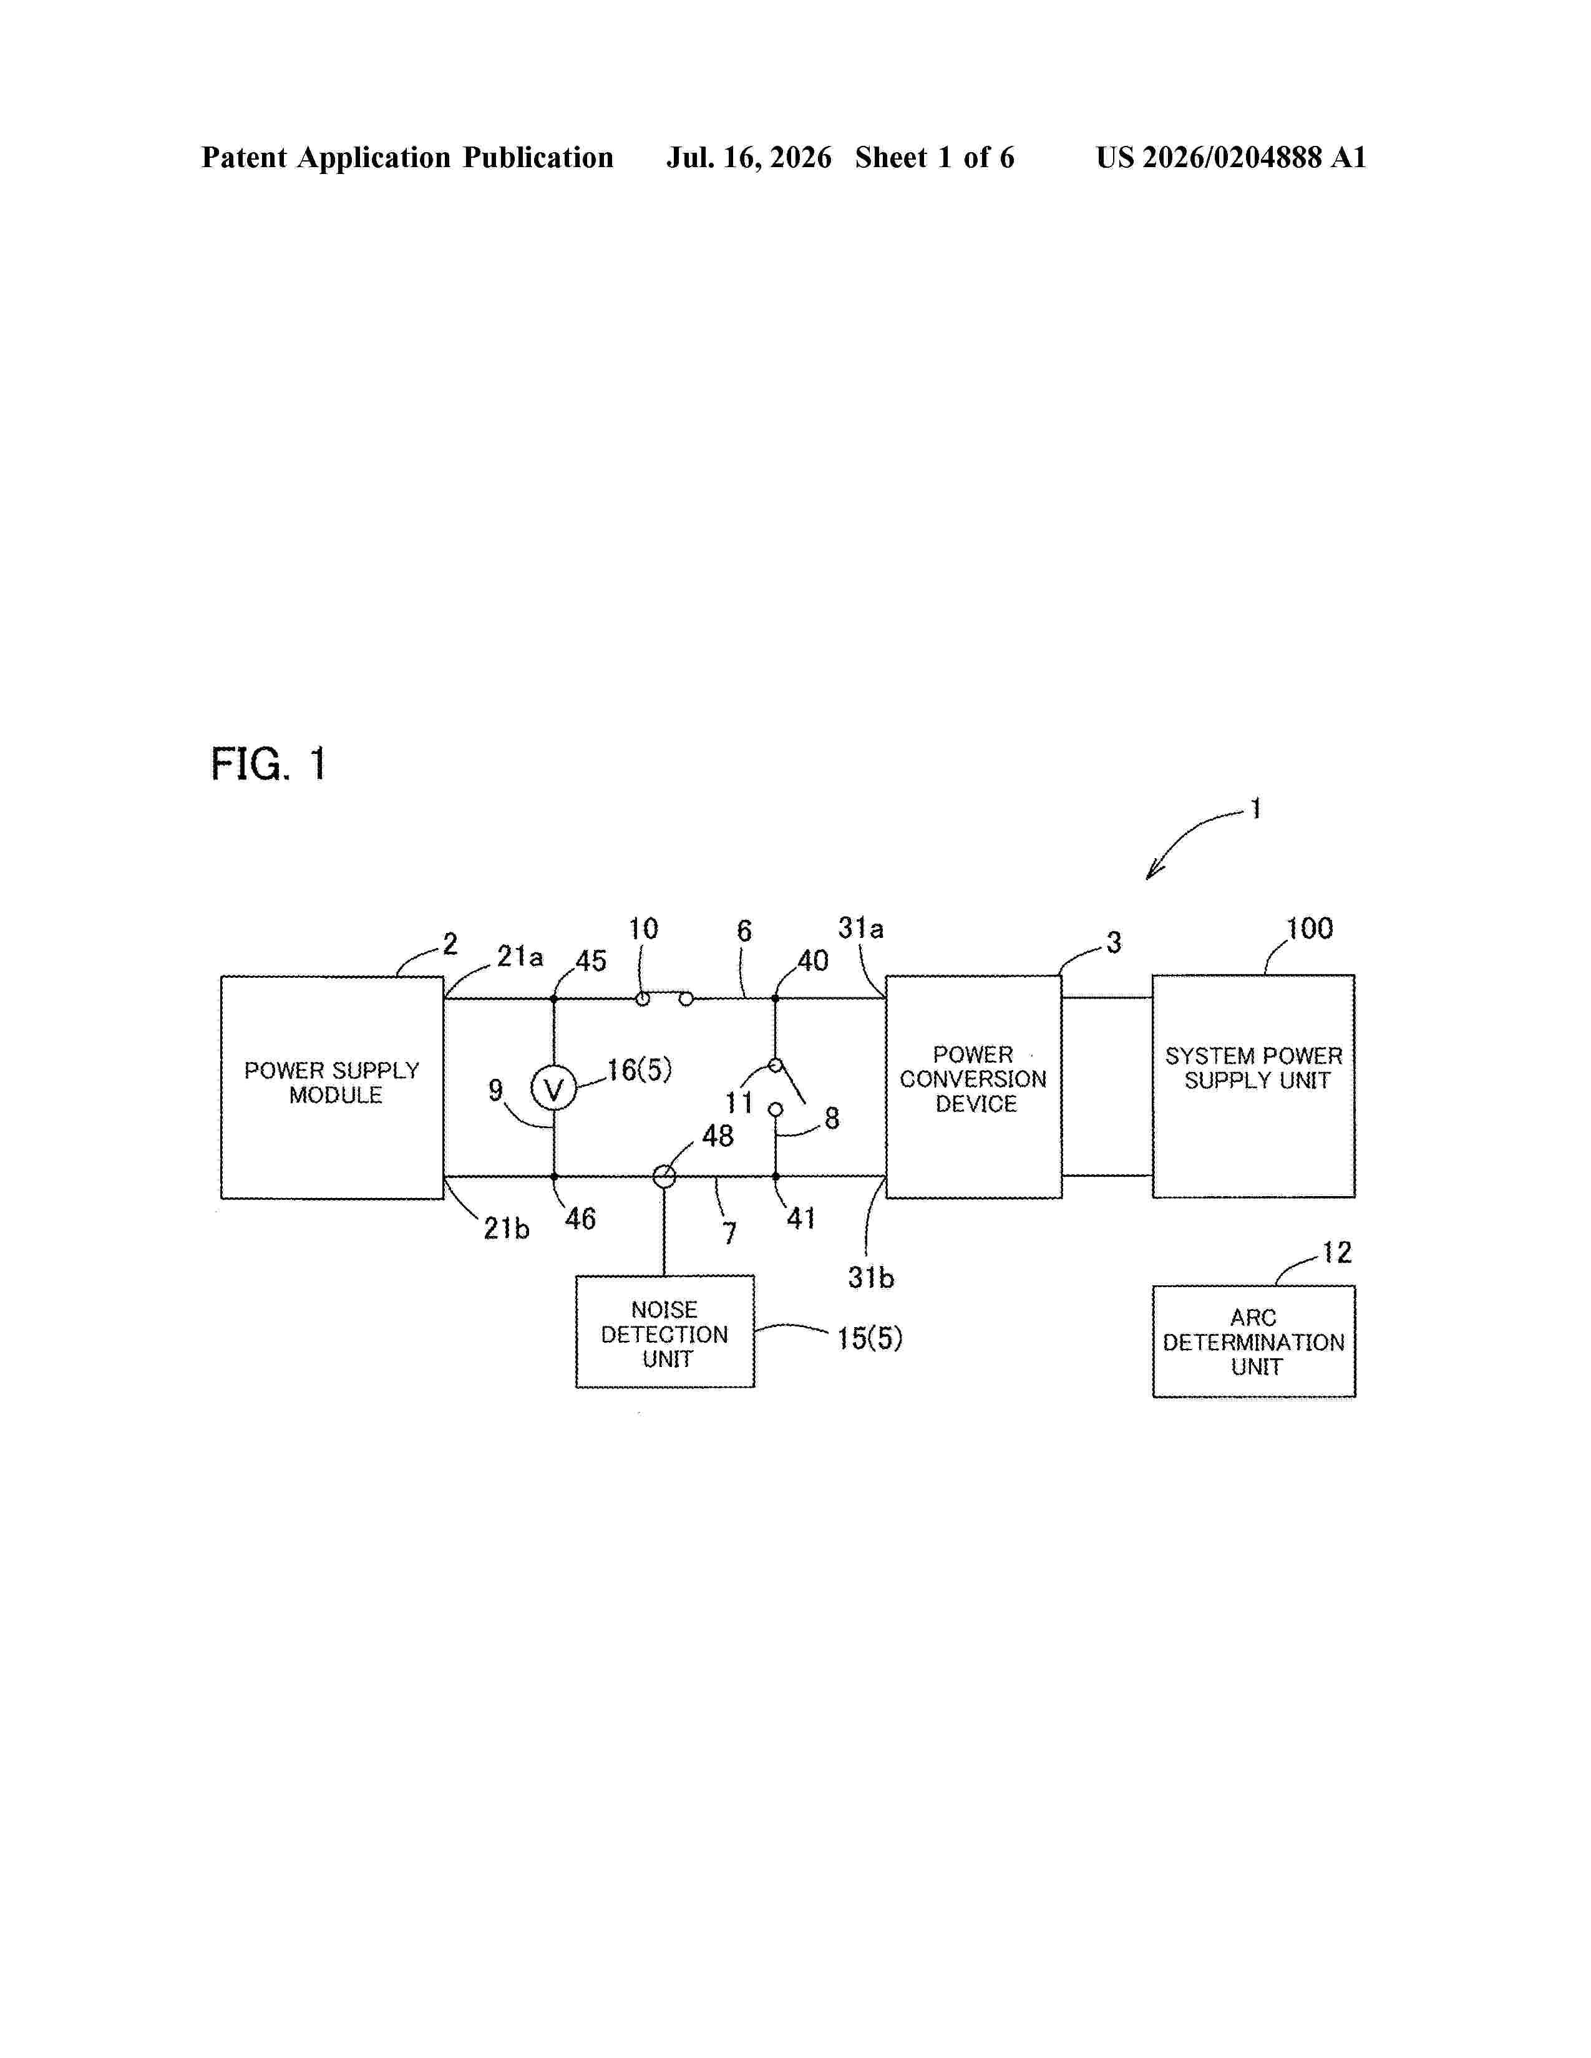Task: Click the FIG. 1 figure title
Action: tap(269, 763)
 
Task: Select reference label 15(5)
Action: tap(869, 1338)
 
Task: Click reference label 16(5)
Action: tap(639, 1070)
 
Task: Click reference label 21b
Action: tap(506, 1228)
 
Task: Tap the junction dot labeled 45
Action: tap(554, 998)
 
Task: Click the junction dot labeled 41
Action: tap(776, 1176)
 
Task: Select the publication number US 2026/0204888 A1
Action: tap(1231, 157)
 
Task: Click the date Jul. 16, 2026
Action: tap(749, 157)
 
